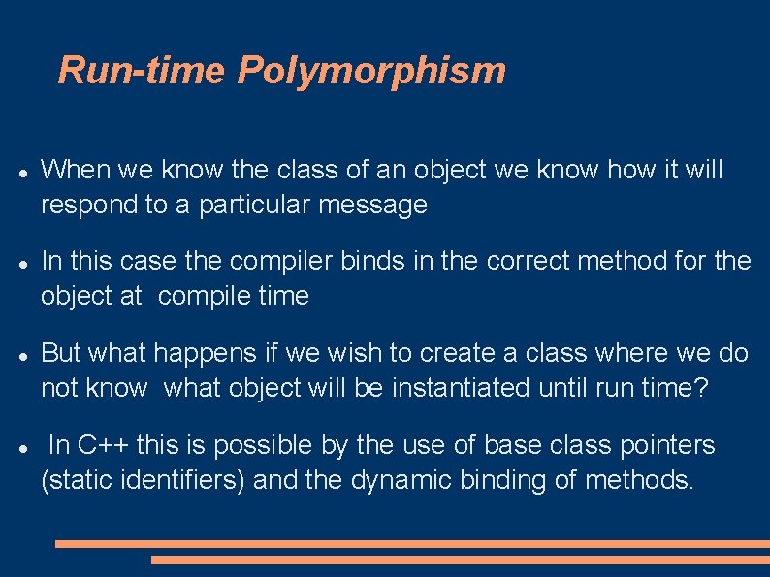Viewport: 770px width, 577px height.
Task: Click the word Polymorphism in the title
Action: click(371, 71)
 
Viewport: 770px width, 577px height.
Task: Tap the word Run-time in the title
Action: click(143, 71)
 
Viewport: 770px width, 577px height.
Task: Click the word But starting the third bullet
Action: click(60, 353)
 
